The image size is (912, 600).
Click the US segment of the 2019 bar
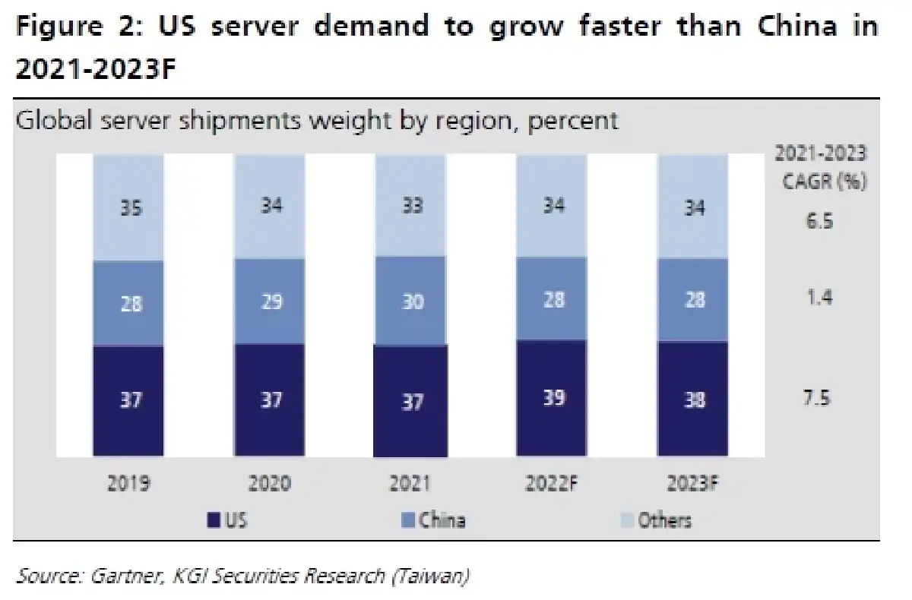(128, 400)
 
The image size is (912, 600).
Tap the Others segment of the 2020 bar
(270, 206)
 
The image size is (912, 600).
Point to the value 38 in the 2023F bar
(693, 399)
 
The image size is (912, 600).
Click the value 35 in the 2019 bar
(130, 207)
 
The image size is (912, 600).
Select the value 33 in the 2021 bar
(411, 207)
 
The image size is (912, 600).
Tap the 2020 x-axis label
(271, 484)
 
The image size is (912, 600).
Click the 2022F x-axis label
(553, 484)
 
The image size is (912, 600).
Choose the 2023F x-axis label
(694, 484)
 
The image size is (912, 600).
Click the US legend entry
(227, 520)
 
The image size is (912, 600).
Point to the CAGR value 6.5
(819, 221)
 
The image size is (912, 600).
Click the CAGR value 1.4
(819, 297)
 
